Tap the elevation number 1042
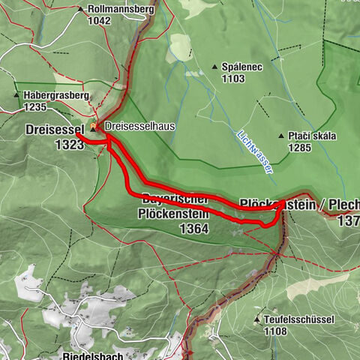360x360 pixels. [99, 21]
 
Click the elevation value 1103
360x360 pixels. [233, 78]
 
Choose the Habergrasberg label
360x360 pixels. [56, 96]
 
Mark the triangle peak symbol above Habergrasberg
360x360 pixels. [17, 95]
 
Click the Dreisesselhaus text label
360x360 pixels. [140, 127]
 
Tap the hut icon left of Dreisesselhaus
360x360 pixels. [94, 126]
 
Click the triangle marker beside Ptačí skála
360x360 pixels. [280, 136]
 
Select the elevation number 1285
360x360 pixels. [300, 148]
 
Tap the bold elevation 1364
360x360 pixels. [193, 227]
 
